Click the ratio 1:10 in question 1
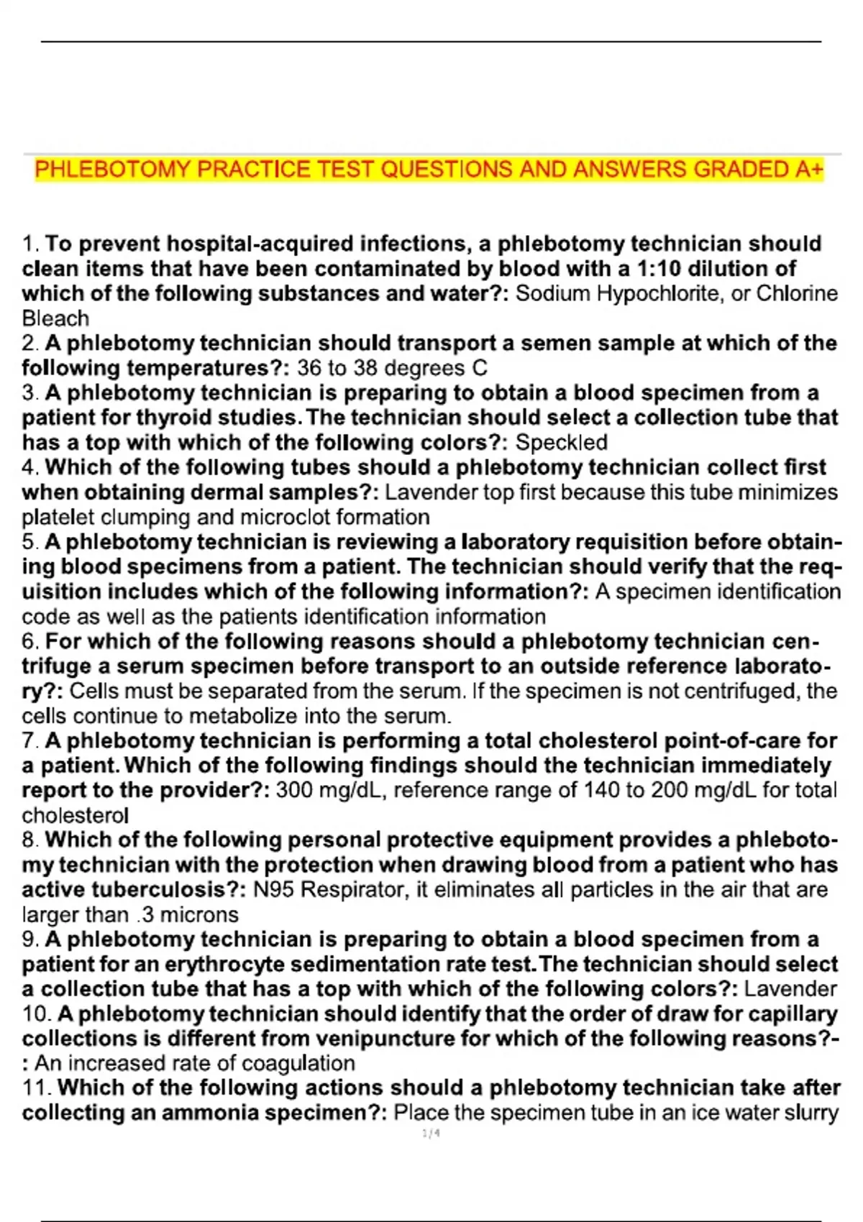659,269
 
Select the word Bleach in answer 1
55,318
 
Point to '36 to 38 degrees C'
392,368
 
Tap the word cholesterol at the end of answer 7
76,816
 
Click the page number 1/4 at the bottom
431,1134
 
